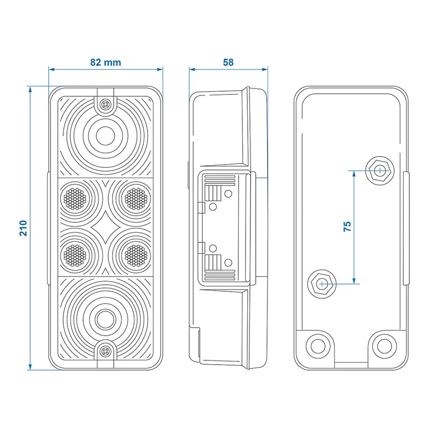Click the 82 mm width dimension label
pyautogui.click(x=105, y=62)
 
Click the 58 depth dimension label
pyautogui.click(x=228, y=62)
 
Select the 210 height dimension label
pyautogui.click(x=23, y=227)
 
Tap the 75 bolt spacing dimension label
pyautogui.click(x=346, y=226)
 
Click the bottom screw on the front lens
pyautogui.click(x=105, y=351)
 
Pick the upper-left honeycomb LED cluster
pyautogui.click(x=75, y=198)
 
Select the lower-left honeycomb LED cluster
pyautogui.click(x=75, y=255)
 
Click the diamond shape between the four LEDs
pyautogui.click(x=105, y=227)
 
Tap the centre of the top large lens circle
pyautogui.click(x=105, y=134)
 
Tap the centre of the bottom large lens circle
pyautogui.click(x=105, y=320)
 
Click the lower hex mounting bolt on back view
pyautogui.click(x=321, y=283)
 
